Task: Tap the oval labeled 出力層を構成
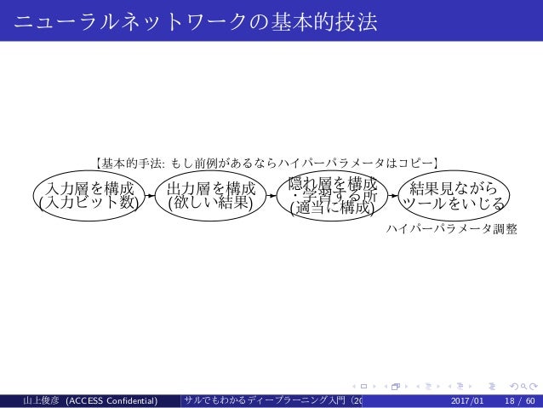[x=212, y=194]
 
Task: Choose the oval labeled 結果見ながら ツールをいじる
[x=454, y=194]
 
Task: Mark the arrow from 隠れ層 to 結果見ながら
[x=394, y=194]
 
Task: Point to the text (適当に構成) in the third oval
[x=333, y=208]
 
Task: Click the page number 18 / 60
[x=516, y=399]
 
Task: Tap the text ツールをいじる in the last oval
[x=454, y=204]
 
